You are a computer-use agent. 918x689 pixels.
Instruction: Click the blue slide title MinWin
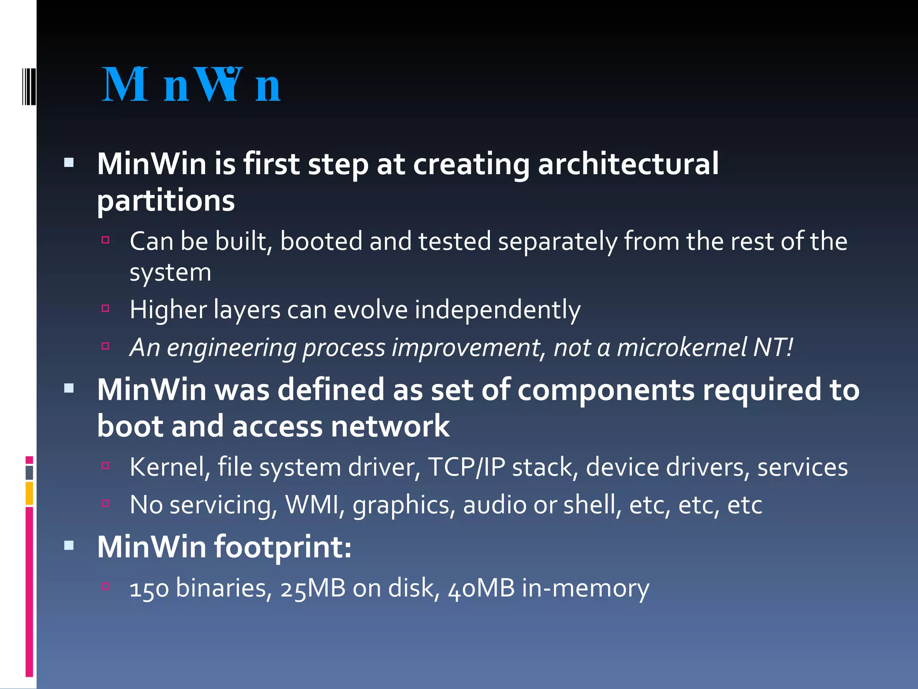click(x=191, y=85)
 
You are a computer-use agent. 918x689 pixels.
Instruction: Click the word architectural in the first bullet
click(x=628, y=164)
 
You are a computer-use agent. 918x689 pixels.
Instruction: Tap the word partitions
click(x=166, y=201)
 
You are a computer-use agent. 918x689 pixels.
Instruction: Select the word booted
click(x=321, y=241)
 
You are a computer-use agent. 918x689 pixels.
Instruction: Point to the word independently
click(x=498, y=310)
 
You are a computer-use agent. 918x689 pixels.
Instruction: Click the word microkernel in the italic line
click(x=681, y=348)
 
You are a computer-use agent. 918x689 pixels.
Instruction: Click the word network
click(x=390, y=426)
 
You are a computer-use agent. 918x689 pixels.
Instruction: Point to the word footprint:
click(x=283, y=547)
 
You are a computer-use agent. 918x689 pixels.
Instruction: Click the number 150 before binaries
click(x=149, y=589)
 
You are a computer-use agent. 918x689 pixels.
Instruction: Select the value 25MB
click(x=313, y=589)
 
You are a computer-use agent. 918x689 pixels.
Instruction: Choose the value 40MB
click(x=481, y=589)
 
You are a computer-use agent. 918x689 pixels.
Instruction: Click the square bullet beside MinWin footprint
click(x=69, y=545)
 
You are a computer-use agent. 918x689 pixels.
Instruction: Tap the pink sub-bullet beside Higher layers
click(x=106, y=308)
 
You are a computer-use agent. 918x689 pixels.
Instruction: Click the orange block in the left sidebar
click(x=30, y=493)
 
